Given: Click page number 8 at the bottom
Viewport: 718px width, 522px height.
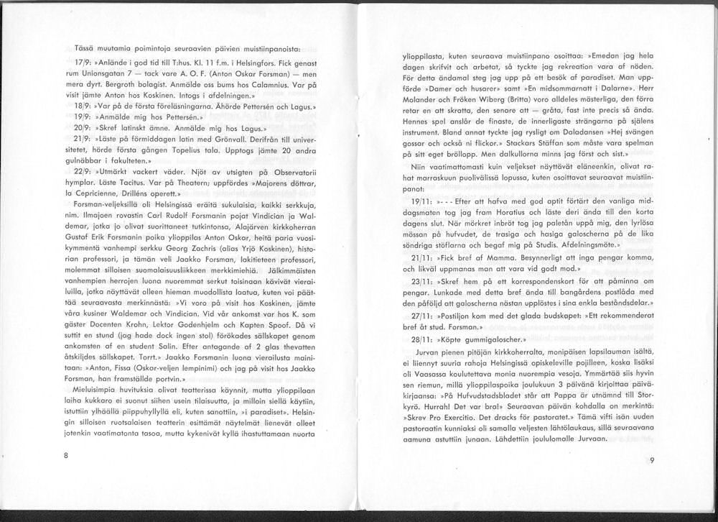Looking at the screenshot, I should coord(65,455).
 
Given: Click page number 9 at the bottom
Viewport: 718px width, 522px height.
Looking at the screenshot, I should coord(651,462).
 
